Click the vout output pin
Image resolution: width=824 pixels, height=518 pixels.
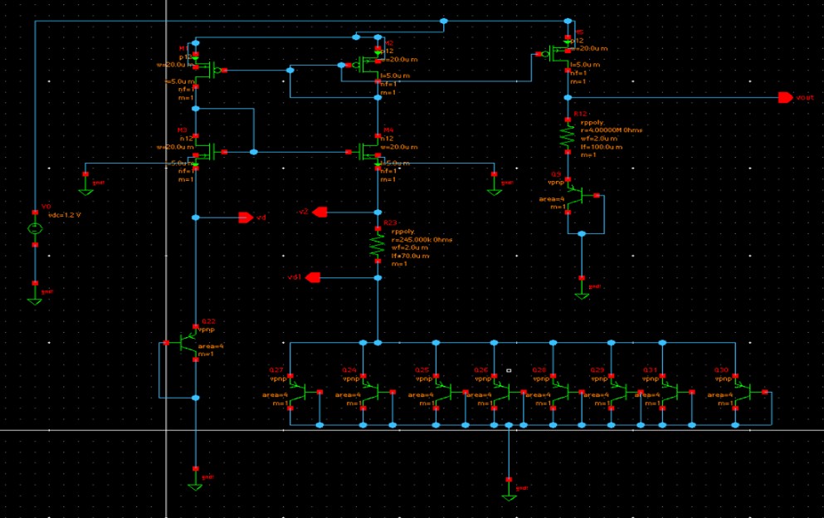point(784,97)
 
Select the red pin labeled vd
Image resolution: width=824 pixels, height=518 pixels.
point(245,217)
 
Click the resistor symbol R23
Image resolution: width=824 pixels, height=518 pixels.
point(378,245)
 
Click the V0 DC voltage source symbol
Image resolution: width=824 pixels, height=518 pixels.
point(35,228)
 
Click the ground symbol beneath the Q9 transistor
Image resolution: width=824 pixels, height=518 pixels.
point(582,291)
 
